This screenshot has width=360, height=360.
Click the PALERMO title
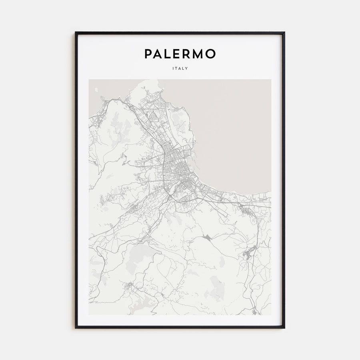tap(180, 54)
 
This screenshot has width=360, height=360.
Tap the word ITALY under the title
tap(180, 68)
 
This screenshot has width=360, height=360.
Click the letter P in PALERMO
tap(148, 54)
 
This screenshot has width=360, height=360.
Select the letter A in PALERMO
tap(158, 54)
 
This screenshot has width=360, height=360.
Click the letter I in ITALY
tap(173, 68)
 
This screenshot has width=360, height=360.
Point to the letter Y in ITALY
tap(187, 68)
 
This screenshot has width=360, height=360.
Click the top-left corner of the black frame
tap(76, 32)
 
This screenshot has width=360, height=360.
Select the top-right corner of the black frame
tap(284, 32)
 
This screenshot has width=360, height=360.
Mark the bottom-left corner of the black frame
tap(76, 328)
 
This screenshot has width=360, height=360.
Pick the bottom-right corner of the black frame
tap(284, 328)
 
